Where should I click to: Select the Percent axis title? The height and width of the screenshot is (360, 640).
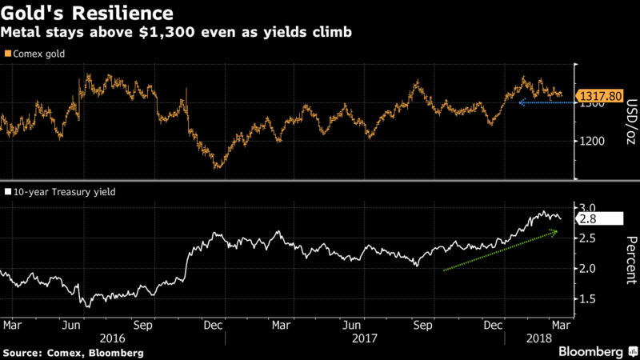(x=630, y=260)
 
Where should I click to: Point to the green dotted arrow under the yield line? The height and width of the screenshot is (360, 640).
(x=500, y=250)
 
